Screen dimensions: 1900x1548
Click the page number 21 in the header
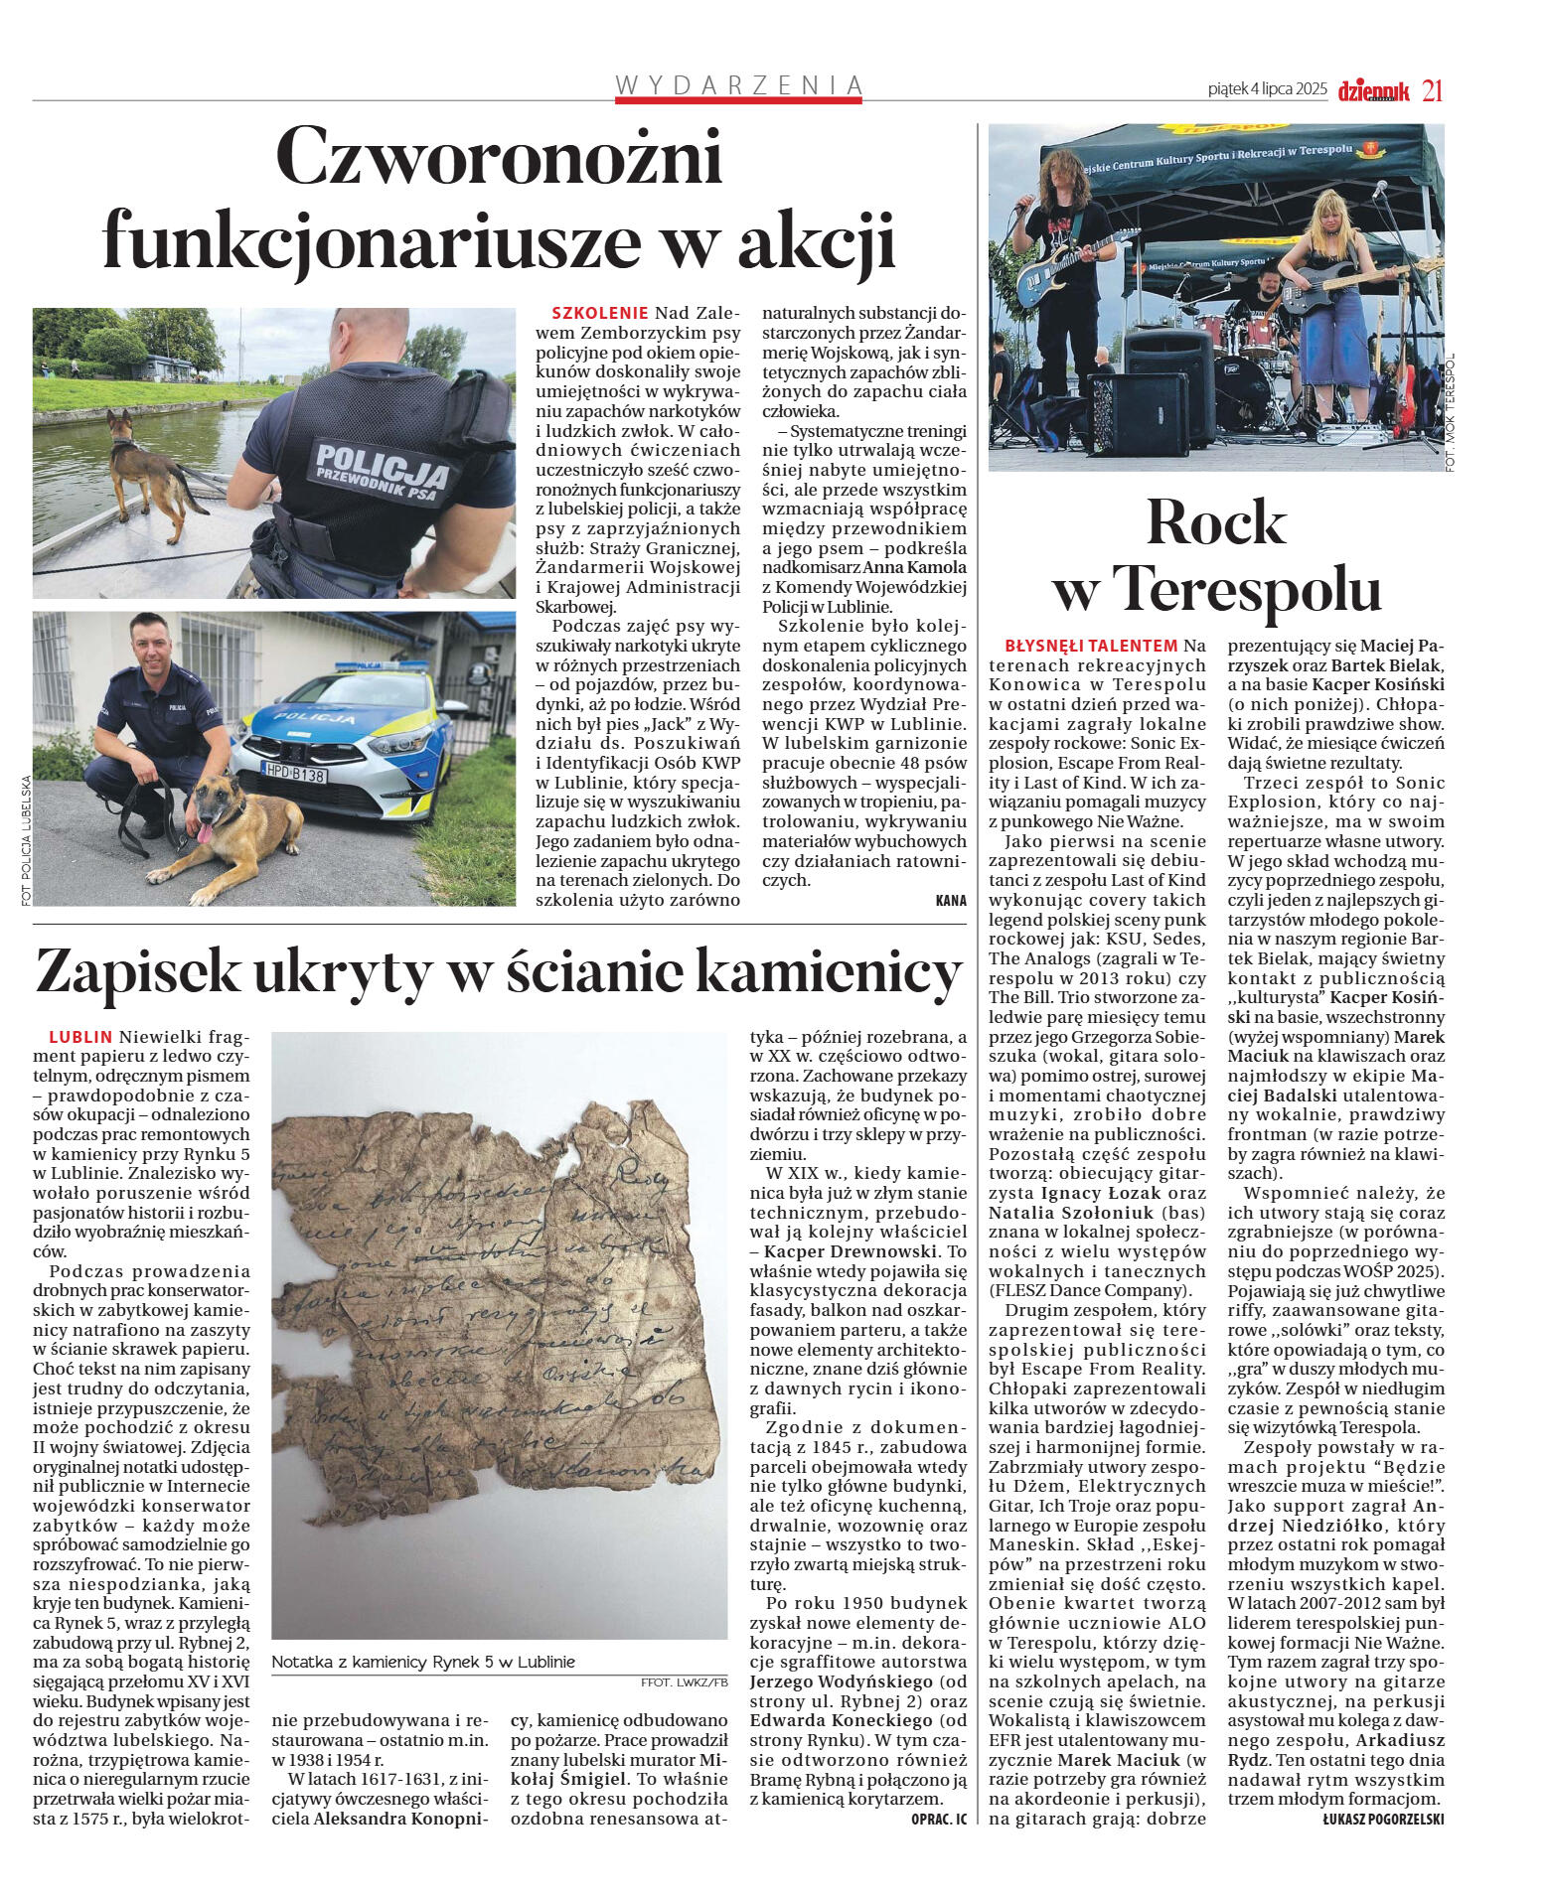coord(1432,90)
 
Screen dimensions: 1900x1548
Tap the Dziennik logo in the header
coord(1373,91)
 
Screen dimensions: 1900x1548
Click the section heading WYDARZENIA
coord(738,85)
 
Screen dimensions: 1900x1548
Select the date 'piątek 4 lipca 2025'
coord(1267,89)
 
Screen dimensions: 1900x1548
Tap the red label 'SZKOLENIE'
coord(599,313)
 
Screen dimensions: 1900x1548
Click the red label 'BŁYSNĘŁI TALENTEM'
coord(1091,646)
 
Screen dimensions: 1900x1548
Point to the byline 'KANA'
coord(950,901)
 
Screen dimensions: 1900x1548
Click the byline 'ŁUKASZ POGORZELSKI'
coord(1383,1819)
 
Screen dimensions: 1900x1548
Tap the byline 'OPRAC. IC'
coord(938,1819)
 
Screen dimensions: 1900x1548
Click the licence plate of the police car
coord(295,773)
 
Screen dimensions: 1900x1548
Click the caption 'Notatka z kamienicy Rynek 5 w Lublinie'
coord(422,1662)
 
